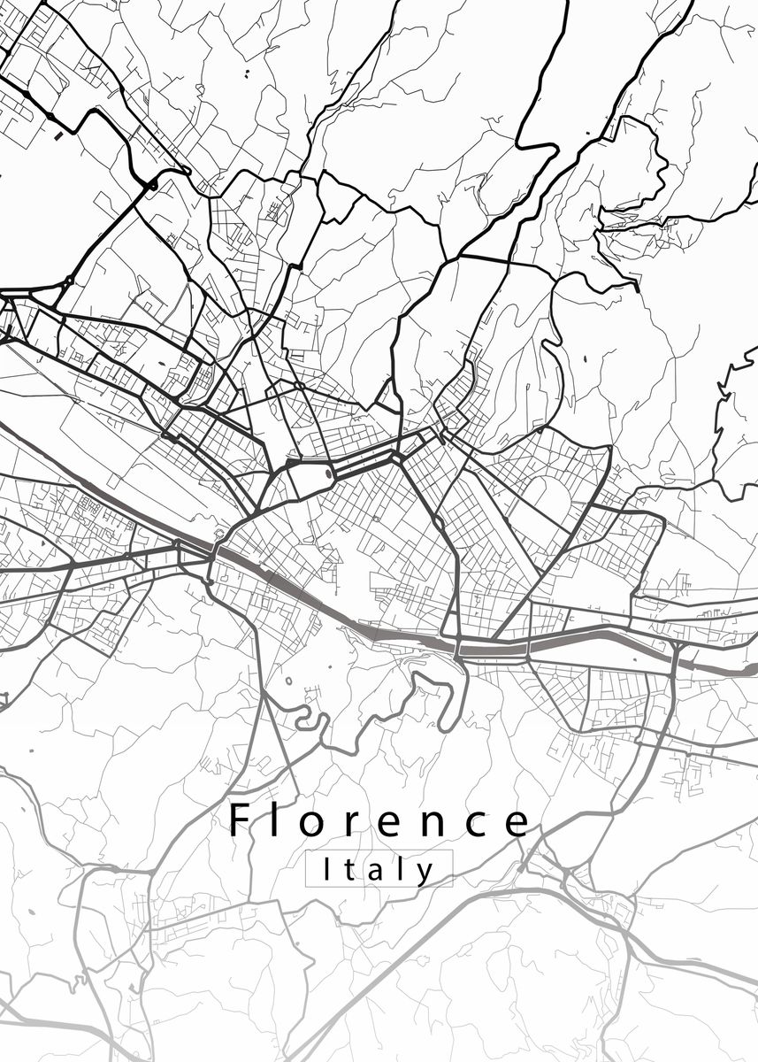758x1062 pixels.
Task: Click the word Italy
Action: click(x=379, y=869)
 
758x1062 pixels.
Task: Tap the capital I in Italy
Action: click(x=327, y=868)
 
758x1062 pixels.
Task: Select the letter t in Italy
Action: click(x=348, y=870)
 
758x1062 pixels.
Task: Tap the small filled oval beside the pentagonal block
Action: click(x=330, y=473)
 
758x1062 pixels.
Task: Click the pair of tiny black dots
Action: click(x=246, y=73)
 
